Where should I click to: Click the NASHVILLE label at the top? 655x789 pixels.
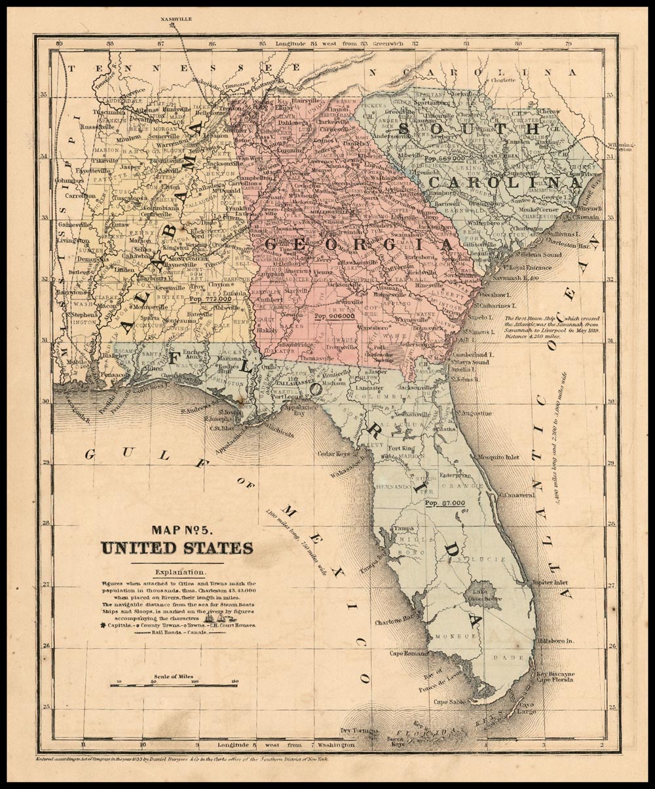tap(178, 20)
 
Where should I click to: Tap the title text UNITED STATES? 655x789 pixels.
tap(177, 547)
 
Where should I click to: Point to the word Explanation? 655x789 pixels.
tap(177, 572)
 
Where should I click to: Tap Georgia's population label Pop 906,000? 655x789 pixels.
tap(335, 316)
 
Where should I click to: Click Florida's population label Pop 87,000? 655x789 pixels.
tap(445, 504)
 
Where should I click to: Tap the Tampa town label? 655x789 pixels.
tap(404, 528)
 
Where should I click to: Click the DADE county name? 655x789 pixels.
tap(514, 657)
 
